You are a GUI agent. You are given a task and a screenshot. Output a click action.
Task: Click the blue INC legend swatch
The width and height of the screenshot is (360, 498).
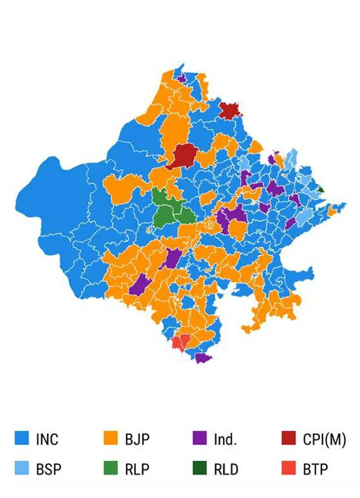tap(21, 439)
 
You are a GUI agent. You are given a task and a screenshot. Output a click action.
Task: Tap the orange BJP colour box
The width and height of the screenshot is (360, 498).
tap(111, 439)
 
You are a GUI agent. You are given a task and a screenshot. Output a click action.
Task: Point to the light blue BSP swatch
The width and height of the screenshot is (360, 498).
tap(21, 469)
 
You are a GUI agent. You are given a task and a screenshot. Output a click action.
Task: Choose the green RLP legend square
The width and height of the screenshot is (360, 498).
tap(111, 469)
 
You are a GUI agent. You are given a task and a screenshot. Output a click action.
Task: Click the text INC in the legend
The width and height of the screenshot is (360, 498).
tap(47, 440)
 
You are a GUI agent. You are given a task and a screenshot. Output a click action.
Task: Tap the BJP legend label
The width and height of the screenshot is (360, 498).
tap(137, 440)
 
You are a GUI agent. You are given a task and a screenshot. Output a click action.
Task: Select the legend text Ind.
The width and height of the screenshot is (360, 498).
tap(225, 440)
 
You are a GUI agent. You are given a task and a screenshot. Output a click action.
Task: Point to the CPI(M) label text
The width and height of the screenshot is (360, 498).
tap(324, 440)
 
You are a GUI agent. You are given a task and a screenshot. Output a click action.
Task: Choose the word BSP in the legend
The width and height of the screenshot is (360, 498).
tap(48, 470)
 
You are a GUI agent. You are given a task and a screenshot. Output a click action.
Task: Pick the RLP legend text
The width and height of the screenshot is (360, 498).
tap(137, 470)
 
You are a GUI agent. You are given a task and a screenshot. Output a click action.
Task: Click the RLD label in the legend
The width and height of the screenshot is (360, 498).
tap(226, 470)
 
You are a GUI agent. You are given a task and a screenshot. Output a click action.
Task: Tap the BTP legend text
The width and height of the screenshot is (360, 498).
tap(315, 470)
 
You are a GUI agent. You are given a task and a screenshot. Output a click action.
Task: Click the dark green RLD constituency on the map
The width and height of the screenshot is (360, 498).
tap(321, 189)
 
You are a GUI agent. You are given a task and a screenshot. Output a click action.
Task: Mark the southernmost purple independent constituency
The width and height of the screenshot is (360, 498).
tap(203, 358)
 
